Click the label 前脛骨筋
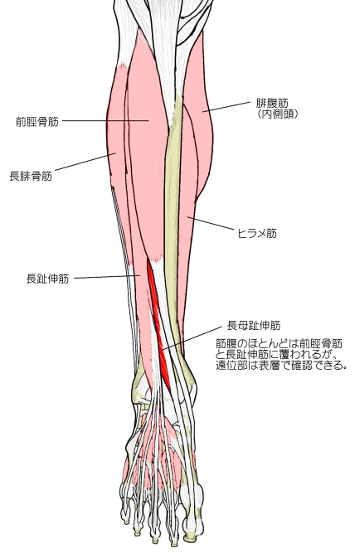[x=37, y=122]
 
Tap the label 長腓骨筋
[x=31, y=176]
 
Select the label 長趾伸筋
[x=47, y=279]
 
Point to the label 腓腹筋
[x=272, y=103]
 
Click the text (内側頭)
[x=277, y=114]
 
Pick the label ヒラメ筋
[x=257, y=233]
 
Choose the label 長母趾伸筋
[x=254, y=325]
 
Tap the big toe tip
[x=192, y=536]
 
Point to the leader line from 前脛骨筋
[x=105, y=120]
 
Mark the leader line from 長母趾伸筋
[x=191, y=338]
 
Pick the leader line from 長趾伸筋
[x=107, y=277]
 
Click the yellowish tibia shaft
[x=173, y=229]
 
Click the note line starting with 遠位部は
[x=282, y=366]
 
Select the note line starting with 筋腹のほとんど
[x=279, y=343]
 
